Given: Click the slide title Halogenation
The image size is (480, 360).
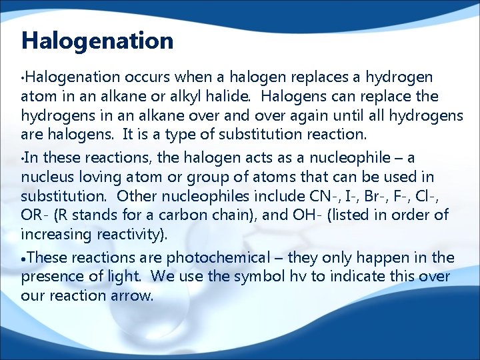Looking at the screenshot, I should (x=97, y=41).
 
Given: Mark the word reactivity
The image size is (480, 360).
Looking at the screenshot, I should (x=138, y=234).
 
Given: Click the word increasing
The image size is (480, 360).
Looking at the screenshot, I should (x=53, y=234).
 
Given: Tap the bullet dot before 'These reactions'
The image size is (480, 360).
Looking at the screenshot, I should (x=24, y=258).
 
